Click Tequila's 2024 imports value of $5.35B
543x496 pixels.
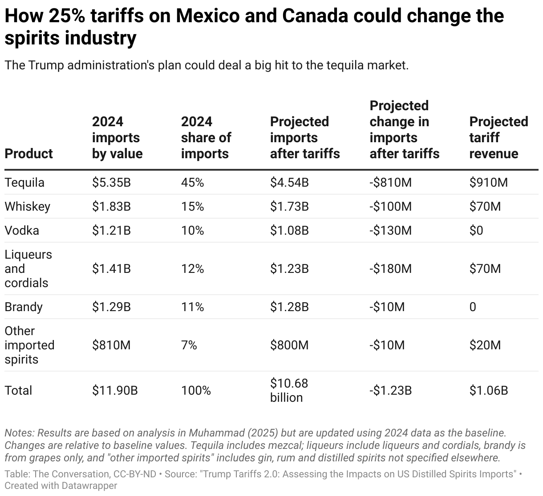111,183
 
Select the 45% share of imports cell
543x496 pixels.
192,183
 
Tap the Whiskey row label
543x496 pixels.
27,207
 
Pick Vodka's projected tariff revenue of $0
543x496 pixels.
476,231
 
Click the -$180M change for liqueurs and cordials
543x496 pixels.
390,269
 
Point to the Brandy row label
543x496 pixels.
23,307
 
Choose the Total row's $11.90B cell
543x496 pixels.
115,391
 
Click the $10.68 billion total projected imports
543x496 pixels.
289,390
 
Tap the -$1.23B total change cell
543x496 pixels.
390,391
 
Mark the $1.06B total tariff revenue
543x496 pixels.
488,391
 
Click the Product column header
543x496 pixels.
28,154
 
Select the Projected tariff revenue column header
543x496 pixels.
498,138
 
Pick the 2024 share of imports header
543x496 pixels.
206,138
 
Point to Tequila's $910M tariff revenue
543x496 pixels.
488,183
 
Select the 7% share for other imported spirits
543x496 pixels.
189,345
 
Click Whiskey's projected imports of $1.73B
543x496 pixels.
289,207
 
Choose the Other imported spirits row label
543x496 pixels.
29,345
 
